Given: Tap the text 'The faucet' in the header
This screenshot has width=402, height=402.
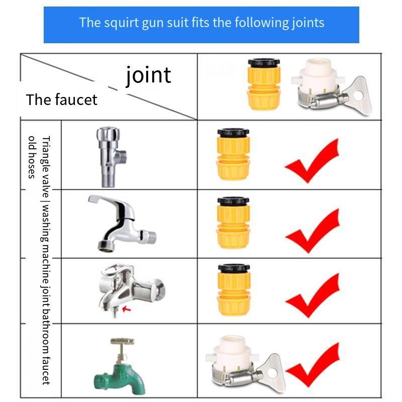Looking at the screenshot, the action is point(61,99).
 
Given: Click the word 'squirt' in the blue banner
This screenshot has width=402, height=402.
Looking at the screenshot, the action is point(121,23).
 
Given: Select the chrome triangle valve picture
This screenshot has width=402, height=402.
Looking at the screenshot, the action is point(111,157).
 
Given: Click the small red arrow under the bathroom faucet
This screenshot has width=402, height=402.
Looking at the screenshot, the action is point(127,309).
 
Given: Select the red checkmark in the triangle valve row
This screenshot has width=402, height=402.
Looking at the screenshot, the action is point(312,161).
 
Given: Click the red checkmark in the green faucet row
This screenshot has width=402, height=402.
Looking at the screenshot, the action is point(313,365).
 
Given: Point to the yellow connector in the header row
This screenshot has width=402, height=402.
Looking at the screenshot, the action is point(264,84).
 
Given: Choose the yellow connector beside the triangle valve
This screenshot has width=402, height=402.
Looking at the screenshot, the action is point(233,154).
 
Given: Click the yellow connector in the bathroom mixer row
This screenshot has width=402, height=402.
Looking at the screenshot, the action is point(234,290).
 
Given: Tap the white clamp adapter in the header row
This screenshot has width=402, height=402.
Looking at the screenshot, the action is point(331,86).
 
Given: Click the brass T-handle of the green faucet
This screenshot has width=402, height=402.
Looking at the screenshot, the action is point(123,341).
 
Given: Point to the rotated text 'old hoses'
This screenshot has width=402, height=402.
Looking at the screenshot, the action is point(32,157).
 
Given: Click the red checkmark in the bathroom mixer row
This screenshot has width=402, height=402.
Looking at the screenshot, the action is point(313,295).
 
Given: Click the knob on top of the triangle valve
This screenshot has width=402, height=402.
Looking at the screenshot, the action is point(108,133).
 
